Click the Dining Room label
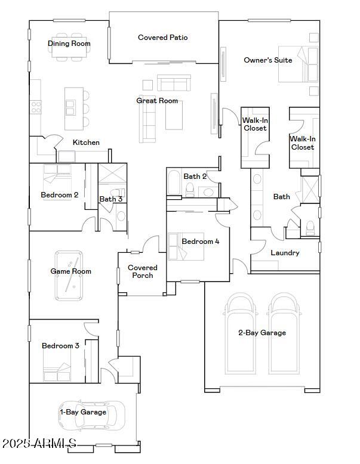69,44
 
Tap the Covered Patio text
162,38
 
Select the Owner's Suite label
268,60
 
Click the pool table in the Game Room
70,276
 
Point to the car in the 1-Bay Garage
93,415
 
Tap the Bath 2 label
195,177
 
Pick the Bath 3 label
111,199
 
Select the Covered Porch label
143,272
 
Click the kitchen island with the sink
74,108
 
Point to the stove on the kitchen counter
36,107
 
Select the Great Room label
157,101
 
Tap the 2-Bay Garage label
262,333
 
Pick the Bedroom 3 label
60,346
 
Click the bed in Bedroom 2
57,178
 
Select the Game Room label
70,271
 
